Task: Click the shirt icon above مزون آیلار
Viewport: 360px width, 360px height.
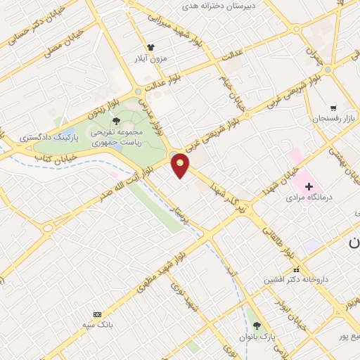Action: [150, 49]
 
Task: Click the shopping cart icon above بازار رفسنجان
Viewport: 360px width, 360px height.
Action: [333, 108]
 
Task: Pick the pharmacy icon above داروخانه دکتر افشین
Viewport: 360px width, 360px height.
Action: [297, 269]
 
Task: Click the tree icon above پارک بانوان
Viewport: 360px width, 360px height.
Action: [257, 326]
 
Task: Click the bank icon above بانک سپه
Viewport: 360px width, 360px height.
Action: [97, 314]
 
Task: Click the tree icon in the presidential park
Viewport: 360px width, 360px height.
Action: [116, 122]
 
